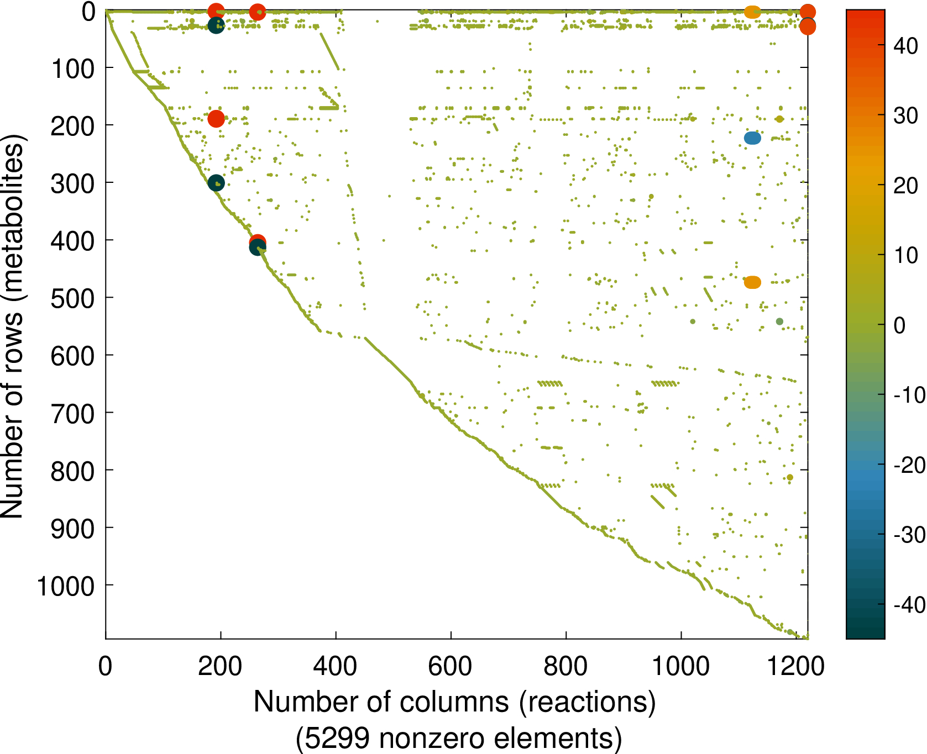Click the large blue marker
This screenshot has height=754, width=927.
pos(752,138)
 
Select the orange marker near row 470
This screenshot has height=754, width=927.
pos(752,282)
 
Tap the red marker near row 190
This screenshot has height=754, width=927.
pos(216,118)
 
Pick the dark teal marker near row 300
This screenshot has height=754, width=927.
pos(216,183)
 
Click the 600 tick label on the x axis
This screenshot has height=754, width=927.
pos(451,666)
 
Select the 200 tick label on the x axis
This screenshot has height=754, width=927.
pos(220,666)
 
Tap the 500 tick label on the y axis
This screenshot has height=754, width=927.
pos(72,299)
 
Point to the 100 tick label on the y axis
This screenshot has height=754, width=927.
pos(72,70)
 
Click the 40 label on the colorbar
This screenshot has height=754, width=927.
pos(906,46)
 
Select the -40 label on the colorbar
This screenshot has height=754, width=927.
pos(909,604)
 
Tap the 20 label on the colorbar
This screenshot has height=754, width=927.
pos(906,186)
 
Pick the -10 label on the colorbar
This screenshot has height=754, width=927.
pos(909,395)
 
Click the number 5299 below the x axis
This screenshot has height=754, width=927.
pos(337,738)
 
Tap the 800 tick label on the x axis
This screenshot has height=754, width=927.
pos(565,666)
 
